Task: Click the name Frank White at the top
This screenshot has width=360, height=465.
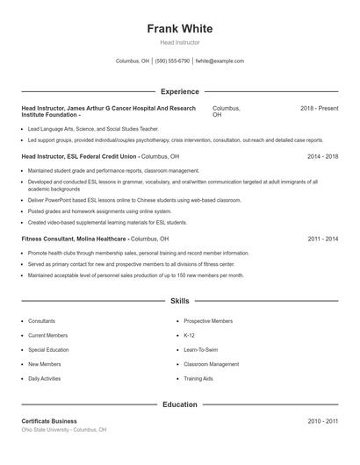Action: [x=179, y=29]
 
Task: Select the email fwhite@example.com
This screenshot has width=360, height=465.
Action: [x=220, y=61]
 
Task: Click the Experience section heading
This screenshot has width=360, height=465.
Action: [x=179, y=91]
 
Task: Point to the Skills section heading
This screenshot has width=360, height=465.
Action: [x=179, y=301]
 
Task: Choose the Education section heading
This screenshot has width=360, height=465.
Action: [x=179, y=404]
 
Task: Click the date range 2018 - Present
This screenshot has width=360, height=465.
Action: [x=319, y=108]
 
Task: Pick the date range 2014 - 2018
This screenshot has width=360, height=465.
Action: [x=322, y=156]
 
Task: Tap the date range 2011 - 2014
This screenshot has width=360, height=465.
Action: [x=322, y=239]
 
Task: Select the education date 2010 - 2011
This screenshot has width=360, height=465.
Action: [x=322, y=421]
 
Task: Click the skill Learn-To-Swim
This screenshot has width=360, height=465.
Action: [x=201, y=349]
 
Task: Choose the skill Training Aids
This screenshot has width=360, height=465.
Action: [x=198, y=378]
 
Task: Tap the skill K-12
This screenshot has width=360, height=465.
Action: [x=189, y=335]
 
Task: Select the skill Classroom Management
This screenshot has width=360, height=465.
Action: [x=211, y=364]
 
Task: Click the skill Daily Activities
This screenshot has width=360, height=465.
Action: [x=44, y=378]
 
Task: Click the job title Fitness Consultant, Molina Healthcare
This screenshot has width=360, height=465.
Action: [x=75, y=239]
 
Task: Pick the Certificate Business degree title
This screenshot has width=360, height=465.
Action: [x=49, y=421]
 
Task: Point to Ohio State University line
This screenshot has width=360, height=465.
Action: [x=63, y=430]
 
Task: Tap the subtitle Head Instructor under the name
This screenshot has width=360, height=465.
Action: [x=179, y=42]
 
